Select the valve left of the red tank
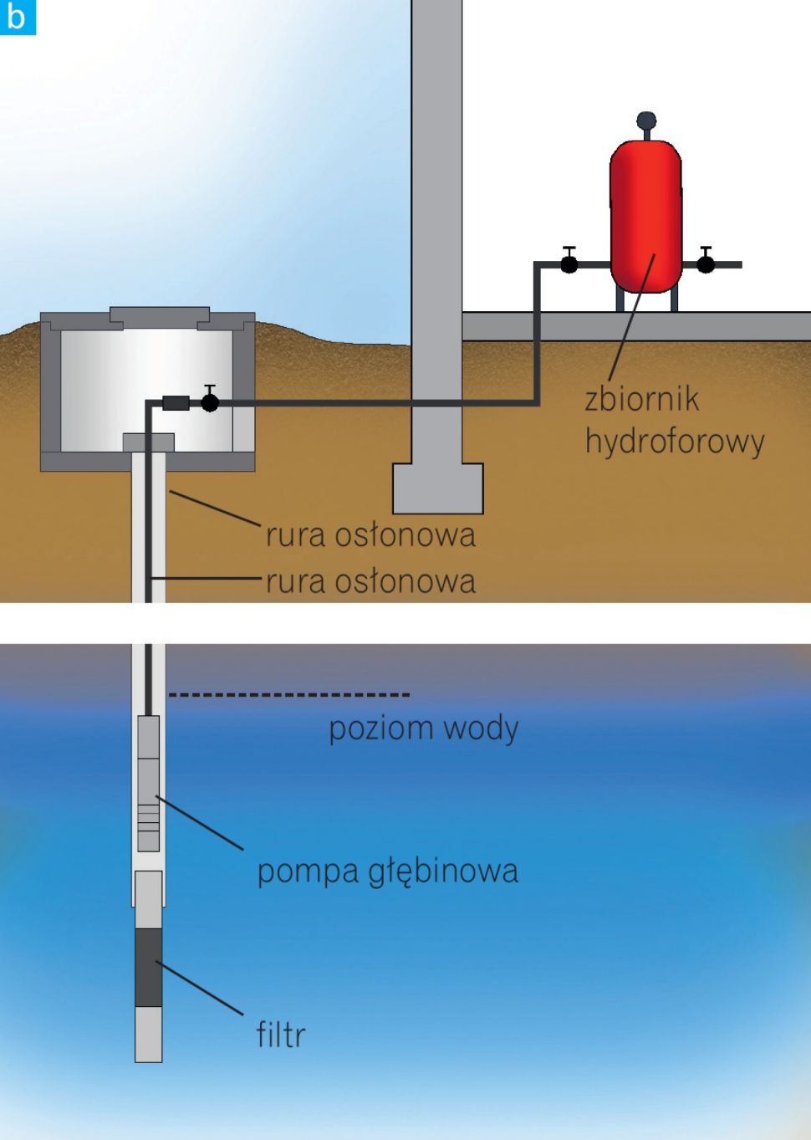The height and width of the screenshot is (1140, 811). pos(569,263)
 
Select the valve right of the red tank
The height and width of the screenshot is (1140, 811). pos(706,263)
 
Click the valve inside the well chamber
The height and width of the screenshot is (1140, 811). pos(210,402)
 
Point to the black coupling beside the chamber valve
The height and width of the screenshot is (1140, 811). pos(176,403)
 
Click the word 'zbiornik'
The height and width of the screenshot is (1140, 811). pos(641,399)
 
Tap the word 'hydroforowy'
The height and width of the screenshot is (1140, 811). pos(675,442)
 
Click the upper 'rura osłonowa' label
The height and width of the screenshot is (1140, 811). pos(370,535)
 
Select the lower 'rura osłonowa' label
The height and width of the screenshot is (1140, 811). pos(370,581)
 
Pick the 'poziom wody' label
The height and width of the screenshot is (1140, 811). pos(424,728)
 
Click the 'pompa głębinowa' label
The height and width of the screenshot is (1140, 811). pos(388,872)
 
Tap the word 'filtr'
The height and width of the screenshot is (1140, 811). pos(281,1035)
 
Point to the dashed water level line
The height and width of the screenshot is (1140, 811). pos(289,694)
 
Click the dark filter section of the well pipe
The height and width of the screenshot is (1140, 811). pos(149,967)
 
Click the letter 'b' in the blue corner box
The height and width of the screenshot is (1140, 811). pos(17,17)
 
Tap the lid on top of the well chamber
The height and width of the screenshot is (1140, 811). pos(160,317)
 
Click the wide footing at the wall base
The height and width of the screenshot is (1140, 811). pos(438,488)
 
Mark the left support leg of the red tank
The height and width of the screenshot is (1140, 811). pos(620,299)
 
